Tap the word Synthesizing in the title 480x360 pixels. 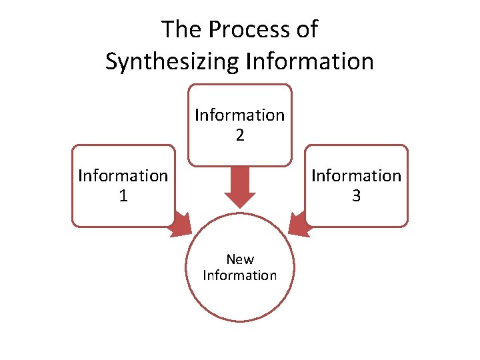[173, 61]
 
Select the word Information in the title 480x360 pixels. [310, 61]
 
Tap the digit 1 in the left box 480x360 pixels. [123, 196]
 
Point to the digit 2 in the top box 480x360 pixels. [239, 136]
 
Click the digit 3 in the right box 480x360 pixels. [357, 196]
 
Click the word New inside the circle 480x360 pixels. [239, 259]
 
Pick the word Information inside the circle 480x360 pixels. [239, 275]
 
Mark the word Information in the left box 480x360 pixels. [123, 176]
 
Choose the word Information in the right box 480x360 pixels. [357, 176]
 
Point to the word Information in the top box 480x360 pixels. [239, 115]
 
